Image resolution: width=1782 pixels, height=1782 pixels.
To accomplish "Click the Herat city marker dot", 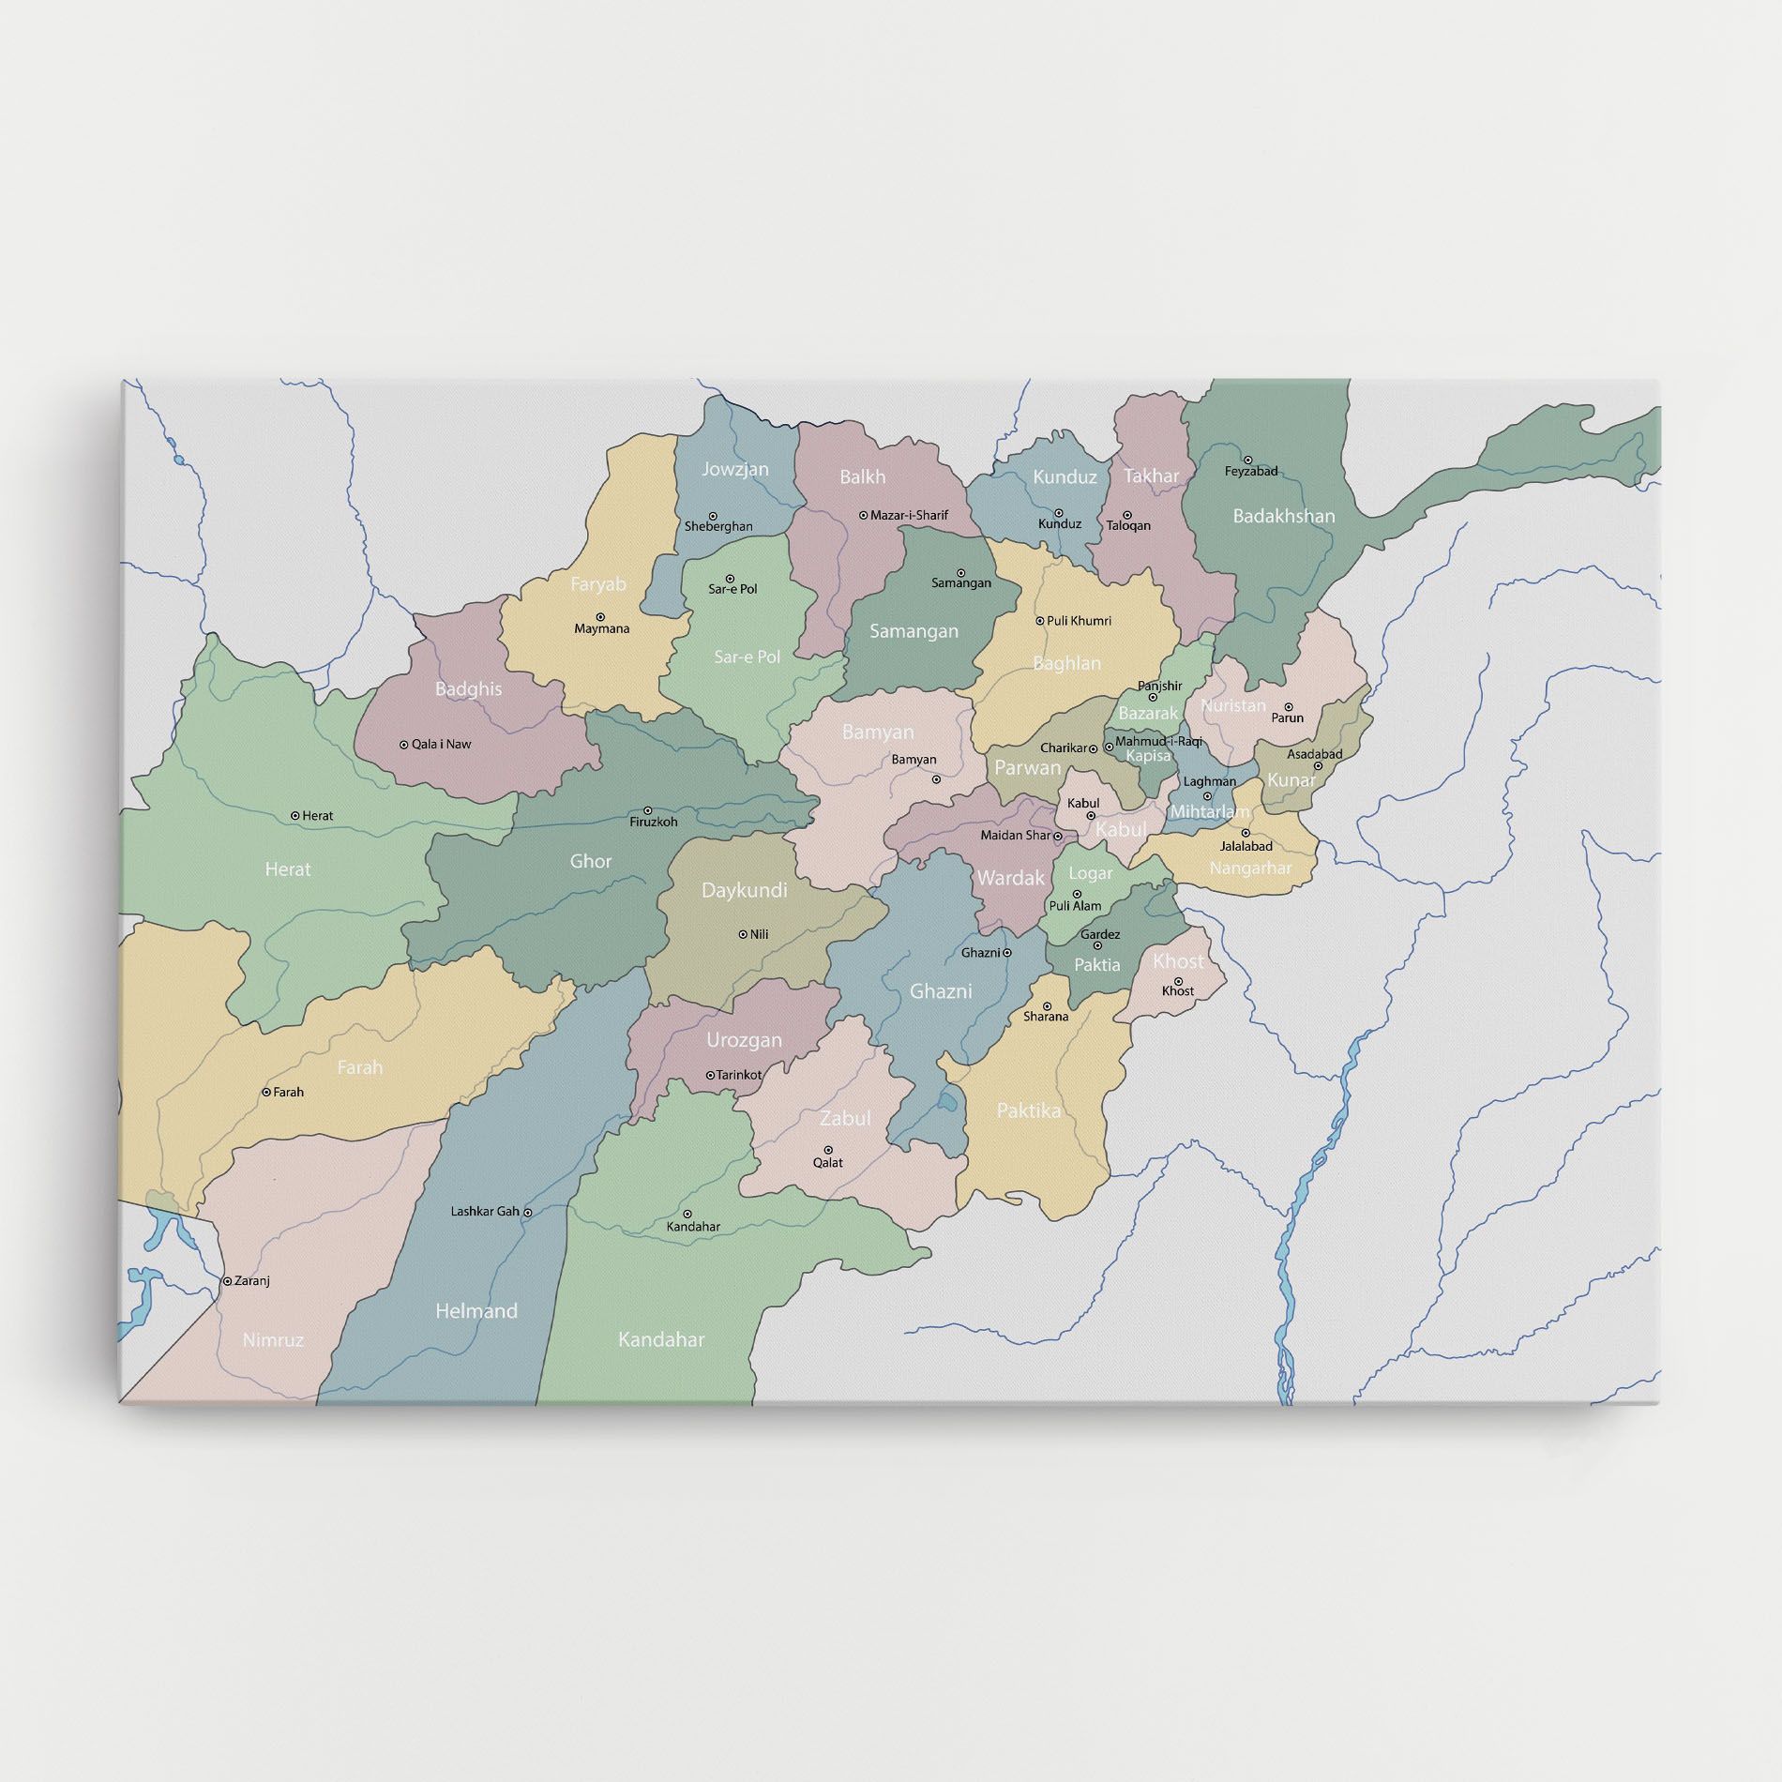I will pyautogui.click(x=295, y=816).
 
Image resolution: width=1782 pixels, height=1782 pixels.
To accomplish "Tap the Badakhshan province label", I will pyautogui.click(x=1283, y=516).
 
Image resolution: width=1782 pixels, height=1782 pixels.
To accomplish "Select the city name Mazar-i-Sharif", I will pyautogui.click(x=909, y=515).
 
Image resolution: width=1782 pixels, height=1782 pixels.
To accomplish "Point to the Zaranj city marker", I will pyautogui.click(x=227, y=1280).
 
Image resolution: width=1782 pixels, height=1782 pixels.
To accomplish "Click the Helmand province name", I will pyautogui.click(x=476, y=1311).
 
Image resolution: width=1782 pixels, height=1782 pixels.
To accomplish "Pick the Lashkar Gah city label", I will pyautogui.click(x=485, y=1211).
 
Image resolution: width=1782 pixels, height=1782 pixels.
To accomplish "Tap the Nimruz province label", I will pyautogui.click(x=273, y=1340).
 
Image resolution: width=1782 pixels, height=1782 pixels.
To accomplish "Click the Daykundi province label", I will pyautogui.click(x=745, y=890).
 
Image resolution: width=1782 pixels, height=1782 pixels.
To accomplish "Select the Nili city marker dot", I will pyautogui.click(x=743, y=934).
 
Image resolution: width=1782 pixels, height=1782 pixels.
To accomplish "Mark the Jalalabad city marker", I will pyautogui.click(x=1246, y=833).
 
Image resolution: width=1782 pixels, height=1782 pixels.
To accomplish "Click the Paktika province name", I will pyautogui.click(x=1029, y=1110).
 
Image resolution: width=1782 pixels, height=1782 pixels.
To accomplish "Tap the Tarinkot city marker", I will pyautogui.click(x=710, y=1075).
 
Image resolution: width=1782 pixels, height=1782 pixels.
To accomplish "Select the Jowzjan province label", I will pyautogui.click(x=735, y=469).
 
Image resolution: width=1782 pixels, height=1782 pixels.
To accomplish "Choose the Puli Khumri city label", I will pyautogui.click(x=1080, y=621).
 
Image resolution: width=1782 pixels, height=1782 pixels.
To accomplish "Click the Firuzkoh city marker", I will pyautogui.click(x=647, y=811).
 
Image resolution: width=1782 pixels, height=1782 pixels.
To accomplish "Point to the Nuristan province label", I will pyautogui.click(x=1233, y=705).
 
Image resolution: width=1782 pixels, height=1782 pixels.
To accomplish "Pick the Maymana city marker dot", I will pyautogui.click(x=600, y=616).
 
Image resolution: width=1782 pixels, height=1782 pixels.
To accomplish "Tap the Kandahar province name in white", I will pyautogui.click(x=661, y=1340).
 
